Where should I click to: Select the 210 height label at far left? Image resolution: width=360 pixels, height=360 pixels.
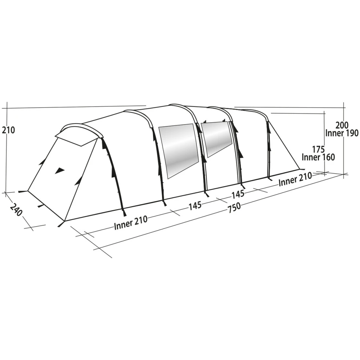9,130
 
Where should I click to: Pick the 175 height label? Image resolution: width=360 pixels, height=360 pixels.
318,149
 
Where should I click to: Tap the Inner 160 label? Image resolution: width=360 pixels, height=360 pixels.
318,157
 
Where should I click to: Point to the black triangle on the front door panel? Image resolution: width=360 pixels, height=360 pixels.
60,171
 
